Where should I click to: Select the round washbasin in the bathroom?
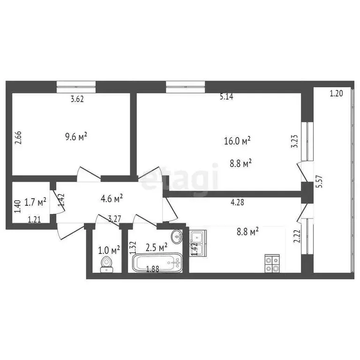pyautogui.click(x=177, y=236)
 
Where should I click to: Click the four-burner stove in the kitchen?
pyautogui.click(x=272, y=263)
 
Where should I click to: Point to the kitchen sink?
pyautogui.click(x=198, y=243)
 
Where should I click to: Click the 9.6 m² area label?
pyautogui.click(x=76, y=137)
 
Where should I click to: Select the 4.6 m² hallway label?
pyautogui.click(x=112, y=198)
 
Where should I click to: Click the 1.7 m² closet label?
pyautogui.click(x=35, y=202)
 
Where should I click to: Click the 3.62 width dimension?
pyautogui.click(x=77, y=99)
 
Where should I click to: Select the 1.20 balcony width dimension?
pyautogui.click(x=336, y=93)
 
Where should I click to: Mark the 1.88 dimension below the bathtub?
pyautogui.click(x=153, y=269)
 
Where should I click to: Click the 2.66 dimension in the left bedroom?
pyautogui.click(x=17, y=140)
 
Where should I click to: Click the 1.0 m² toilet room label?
pyautogui.click(x=109, y=249)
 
